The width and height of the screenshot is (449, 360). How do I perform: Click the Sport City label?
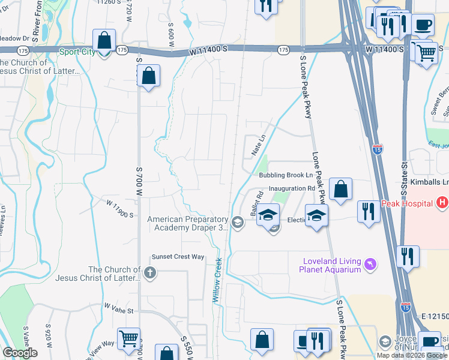[x=77, y=52]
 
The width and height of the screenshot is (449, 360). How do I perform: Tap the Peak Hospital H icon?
[x=442, y=203]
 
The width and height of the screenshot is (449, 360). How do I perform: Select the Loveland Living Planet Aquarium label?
[x=333, y=265]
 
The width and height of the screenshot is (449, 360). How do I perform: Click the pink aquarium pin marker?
[x=370, y=264]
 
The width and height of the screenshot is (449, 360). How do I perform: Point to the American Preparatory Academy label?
[x=188, y=223]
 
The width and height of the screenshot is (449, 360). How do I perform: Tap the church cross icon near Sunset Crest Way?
[x=150, y=274]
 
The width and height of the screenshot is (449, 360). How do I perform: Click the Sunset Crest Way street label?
[x=178, y=257]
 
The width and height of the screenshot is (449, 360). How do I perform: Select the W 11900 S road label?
[x=118, y=208]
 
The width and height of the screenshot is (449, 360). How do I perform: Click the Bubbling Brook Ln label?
[x=286, y=176]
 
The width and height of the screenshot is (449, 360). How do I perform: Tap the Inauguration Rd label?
[x=292, y=188]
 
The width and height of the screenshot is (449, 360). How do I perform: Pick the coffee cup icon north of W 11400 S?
[x=423, y=25]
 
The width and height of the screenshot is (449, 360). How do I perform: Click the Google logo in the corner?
[x=20, y=353]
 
